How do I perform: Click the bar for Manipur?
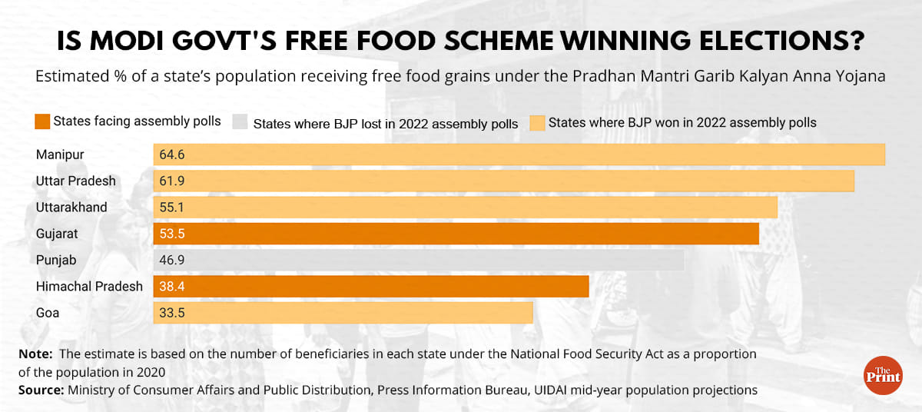519,154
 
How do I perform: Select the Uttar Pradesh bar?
503,181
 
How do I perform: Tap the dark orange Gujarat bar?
456,234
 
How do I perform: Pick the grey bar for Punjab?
418,261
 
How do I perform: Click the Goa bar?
343,313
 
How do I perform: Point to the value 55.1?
172,208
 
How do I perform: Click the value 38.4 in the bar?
172,287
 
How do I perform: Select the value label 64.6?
172,154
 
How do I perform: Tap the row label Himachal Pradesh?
89,287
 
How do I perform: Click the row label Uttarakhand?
71,208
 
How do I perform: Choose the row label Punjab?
56,261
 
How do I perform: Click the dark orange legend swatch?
42,121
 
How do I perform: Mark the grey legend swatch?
240,122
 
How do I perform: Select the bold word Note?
34,354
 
